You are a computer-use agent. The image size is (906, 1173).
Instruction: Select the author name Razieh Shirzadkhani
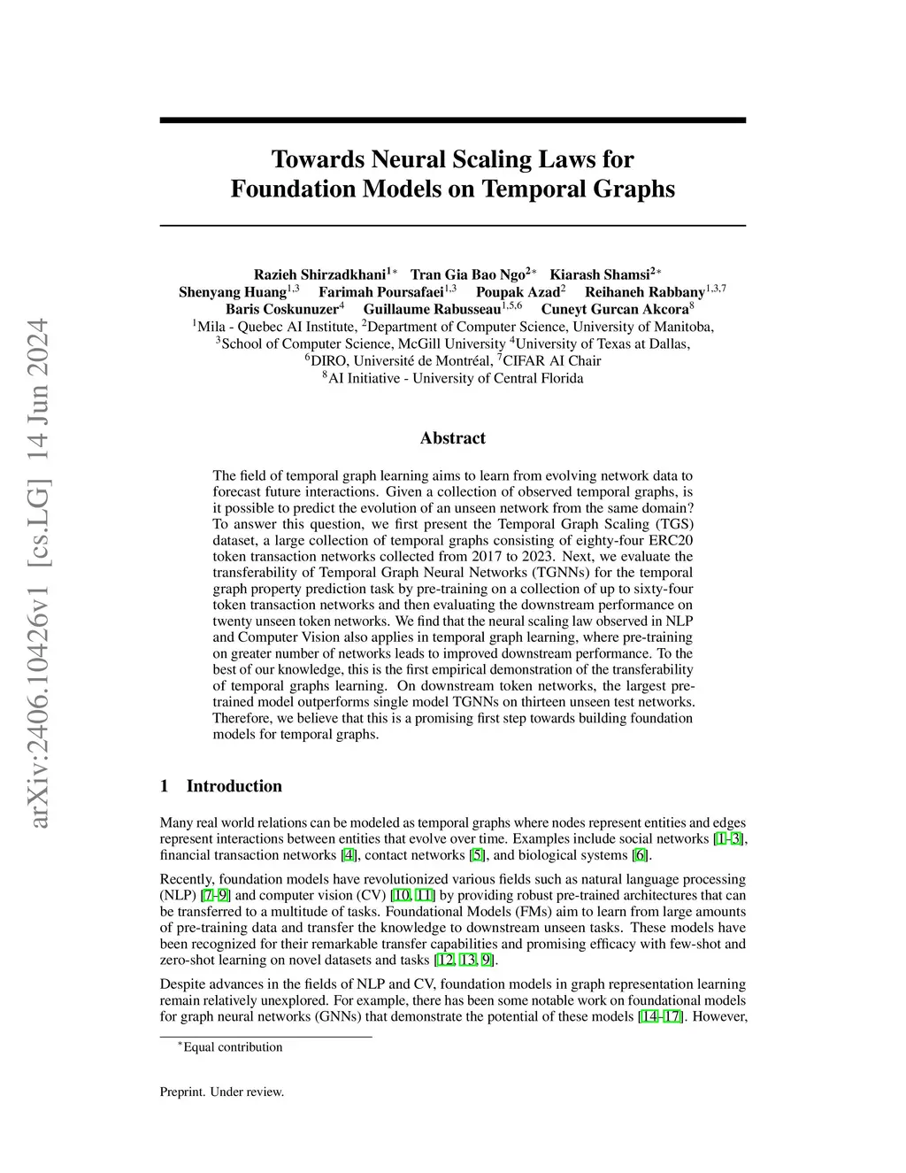[319, 274]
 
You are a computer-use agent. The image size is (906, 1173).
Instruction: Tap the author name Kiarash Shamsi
[600, 274]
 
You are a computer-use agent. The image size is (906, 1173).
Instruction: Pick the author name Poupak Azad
[518, 292]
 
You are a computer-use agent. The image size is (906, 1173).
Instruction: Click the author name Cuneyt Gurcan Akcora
[615, 309]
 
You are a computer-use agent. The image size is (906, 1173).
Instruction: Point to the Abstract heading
[452, 438]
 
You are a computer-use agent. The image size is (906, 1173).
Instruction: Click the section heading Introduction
[234, 786]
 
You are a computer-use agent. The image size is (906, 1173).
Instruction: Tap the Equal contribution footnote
[232, 1047]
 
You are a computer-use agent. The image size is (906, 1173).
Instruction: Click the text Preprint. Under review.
[222, 1092]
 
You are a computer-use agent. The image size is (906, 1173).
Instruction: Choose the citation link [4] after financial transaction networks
[349, 855]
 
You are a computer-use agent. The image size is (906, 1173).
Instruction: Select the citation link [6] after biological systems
[641, 855]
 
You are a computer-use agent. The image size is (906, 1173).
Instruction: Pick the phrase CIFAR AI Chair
[551, 361]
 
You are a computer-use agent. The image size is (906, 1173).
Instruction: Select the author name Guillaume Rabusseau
[432, 309]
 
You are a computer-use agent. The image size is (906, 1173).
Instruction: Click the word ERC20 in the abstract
[670, 541]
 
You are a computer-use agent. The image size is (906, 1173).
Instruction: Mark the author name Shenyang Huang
[232, 292]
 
